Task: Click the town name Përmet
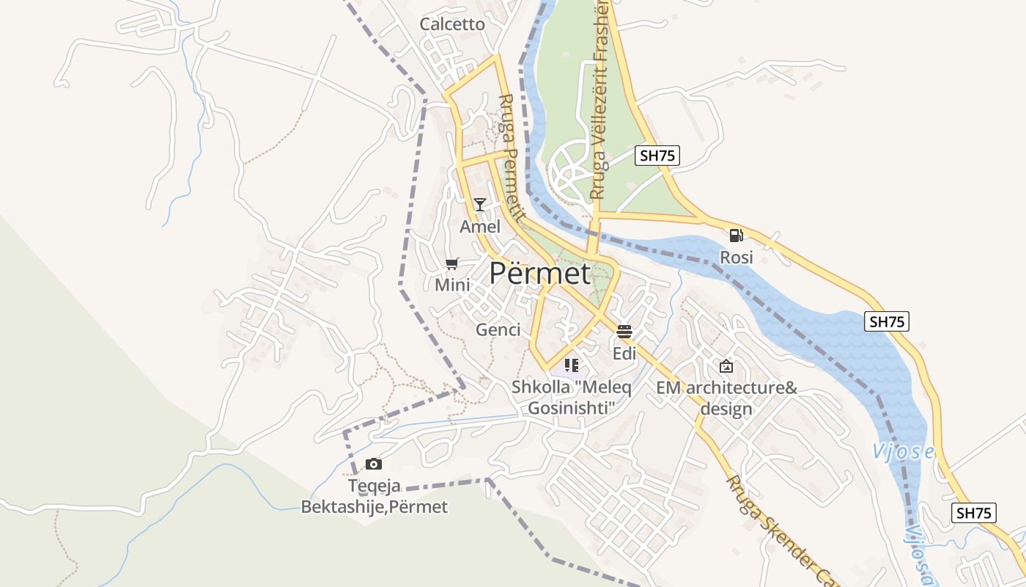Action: coord(539,273)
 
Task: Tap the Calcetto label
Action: coord(452,24)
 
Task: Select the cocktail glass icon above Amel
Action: coord(479,204)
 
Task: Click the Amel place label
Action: coord(479,227)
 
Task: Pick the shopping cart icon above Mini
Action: coord(452,263)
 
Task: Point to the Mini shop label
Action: coord(452,285)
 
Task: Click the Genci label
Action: coord(498,329)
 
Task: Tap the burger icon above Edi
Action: coord(624,332)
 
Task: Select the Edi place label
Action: coord(624,354)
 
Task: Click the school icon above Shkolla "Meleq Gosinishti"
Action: coord(572,365)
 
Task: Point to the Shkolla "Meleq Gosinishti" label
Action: coord(571,397)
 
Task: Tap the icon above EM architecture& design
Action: coord(726,365)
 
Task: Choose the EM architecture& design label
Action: coord(726,398)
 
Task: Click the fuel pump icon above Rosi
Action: coord(736,236)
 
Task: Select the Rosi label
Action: coord(736,258)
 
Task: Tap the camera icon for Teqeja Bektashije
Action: coord(374,464)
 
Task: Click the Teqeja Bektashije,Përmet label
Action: coord(374,496)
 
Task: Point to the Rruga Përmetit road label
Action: coord(511,158)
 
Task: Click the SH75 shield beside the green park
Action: coord(657,155)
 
